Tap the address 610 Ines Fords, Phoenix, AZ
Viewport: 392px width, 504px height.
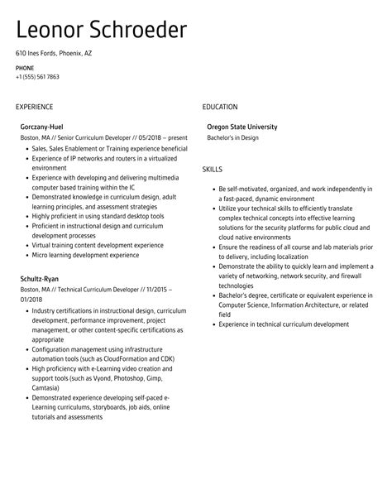pos(54,53)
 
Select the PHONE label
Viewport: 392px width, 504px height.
pos(24,67)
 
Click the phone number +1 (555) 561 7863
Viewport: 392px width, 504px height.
pos(37,77)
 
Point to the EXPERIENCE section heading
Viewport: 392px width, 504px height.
pos(34,107)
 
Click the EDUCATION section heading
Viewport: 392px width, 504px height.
pos(220,107)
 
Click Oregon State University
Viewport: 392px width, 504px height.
pos(242,127)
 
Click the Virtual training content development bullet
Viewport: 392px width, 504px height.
pos(97,245)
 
